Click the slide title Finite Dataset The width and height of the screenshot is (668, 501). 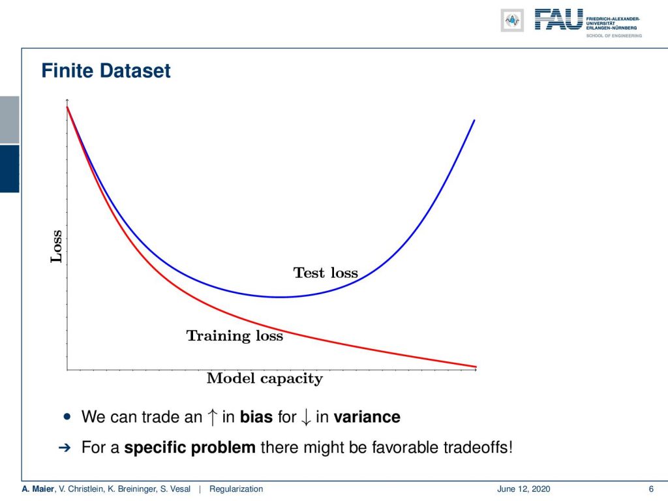point(106,70)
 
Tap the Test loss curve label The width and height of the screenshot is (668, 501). point(326,273)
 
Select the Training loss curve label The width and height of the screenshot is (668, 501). point(235,336)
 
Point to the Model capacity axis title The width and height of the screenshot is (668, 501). point(265,378)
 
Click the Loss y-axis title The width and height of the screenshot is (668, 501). point(56,246)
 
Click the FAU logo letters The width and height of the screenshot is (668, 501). point(559,20)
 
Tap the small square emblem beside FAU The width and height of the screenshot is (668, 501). point(512,20)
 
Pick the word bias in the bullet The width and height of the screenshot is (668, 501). point(256,417)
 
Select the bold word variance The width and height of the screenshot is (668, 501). point(367,417)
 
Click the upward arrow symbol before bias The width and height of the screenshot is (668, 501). point(212,417)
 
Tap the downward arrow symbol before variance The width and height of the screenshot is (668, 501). point(306,417)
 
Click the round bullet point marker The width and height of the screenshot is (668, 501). point(67,416)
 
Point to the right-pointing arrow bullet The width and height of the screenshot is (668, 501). point(65,448)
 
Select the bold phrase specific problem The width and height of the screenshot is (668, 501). point(190,448)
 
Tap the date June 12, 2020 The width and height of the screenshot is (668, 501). point(524,489)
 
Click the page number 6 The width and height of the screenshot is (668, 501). point(651,489)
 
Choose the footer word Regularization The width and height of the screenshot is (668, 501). point(236,489)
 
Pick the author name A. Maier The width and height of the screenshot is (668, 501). point(38,489)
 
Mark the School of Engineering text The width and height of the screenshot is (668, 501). point(614,36)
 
